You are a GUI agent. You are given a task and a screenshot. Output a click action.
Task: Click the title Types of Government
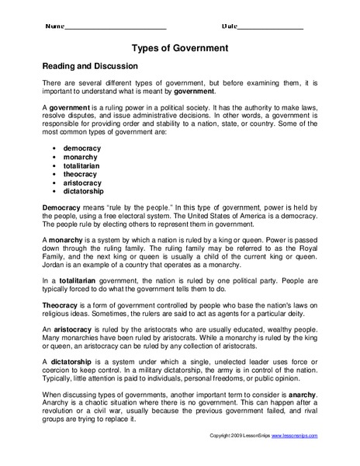[179, 48]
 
